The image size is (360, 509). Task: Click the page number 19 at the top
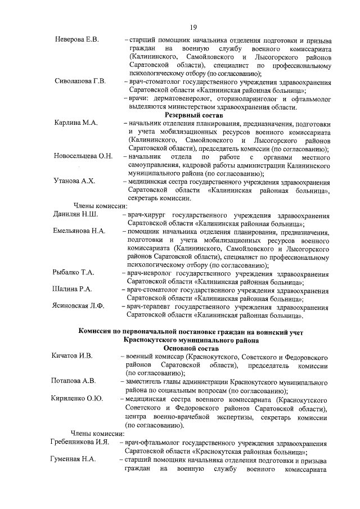pyautogui.click(x=192, y=26)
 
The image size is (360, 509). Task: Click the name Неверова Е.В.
pyautogui.click(x=77, y=40)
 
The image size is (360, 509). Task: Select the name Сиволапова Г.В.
pyautogui.click(x=80, y=81)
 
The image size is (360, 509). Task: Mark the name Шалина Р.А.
pyautogui.click(x=73, y=289)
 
